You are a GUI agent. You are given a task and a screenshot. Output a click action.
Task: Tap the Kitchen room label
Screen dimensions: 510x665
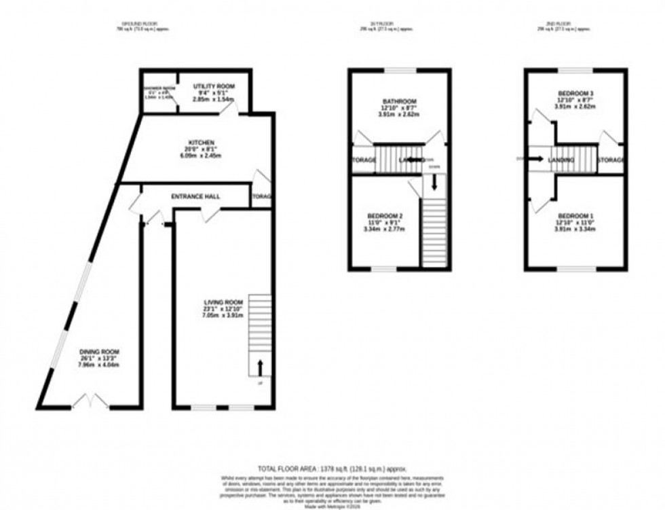(x=201, y=143)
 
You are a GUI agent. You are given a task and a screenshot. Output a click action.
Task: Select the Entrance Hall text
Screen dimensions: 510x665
(x=195, y=196)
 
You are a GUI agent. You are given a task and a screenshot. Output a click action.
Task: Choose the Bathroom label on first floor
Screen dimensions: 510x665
(x=398, y=101)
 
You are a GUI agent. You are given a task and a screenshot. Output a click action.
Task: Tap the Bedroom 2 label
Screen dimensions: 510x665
(x=379, y=215)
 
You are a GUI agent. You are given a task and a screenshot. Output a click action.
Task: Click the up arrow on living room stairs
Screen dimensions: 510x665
(x=260, y=367)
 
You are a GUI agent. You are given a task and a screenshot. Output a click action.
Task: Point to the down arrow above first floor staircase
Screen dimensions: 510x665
(x=434, y=183)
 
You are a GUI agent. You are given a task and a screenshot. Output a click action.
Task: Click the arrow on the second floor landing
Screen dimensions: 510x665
(x=535, y=160)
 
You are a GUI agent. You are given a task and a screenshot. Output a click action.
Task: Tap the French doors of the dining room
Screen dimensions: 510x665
(x=90, y=404)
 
